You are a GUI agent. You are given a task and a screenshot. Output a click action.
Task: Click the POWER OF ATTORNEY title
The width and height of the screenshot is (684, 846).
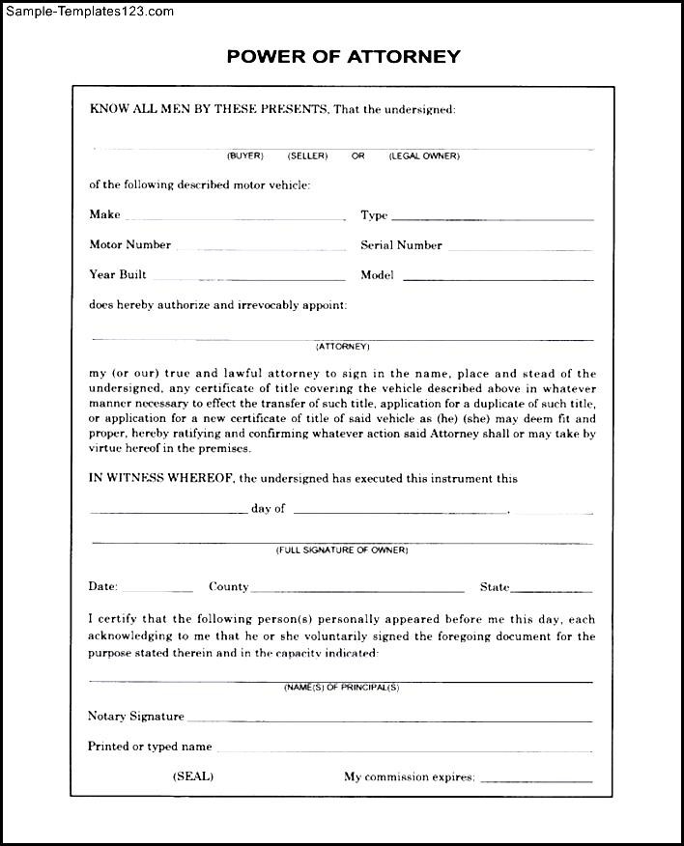click(343, 56)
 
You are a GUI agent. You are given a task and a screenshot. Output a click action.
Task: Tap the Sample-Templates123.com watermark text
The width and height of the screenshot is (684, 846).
click(88, 12)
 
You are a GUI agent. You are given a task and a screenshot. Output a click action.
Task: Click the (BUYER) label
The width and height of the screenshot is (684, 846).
click(244, 155)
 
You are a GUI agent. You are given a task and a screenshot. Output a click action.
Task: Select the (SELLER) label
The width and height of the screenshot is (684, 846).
click(307, 155)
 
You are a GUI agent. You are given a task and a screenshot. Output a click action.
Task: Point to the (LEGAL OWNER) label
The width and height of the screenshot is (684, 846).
click(424, 155)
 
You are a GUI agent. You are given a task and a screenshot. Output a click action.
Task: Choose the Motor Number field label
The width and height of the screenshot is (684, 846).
click(130, 245)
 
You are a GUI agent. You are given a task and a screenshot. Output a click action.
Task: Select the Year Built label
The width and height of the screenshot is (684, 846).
click(118, 275)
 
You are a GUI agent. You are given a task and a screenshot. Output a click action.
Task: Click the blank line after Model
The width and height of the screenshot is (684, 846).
click(498, 279)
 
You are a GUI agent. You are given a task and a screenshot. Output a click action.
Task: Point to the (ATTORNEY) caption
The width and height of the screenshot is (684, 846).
click(343, 346)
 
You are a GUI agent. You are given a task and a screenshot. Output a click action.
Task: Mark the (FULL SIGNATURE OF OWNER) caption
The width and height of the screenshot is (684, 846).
click(342, 550)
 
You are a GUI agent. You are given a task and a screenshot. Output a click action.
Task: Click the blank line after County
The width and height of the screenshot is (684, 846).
click(358, 590)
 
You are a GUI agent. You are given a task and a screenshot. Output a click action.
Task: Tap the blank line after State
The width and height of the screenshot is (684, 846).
click(552, 590)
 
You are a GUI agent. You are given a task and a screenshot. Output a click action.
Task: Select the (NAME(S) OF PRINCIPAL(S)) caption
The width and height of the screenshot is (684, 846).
click(342, 688)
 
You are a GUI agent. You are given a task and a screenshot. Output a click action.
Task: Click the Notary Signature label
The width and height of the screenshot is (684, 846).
click(136, 717)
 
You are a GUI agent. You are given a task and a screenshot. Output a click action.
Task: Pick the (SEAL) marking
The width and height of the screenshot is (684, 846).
click(193, 776)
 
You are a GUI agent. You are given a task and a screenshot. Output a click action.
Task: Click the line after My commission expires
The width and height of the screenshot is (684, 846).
click(536, 780)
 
